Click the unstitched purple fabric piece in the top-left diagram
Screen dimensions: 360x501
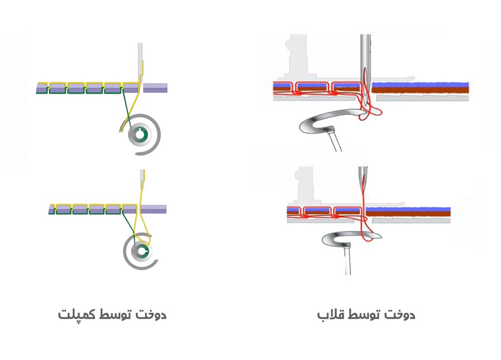tap(155, 88)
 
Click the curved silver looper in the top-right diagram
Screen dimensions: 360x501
tap(317, 123)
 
